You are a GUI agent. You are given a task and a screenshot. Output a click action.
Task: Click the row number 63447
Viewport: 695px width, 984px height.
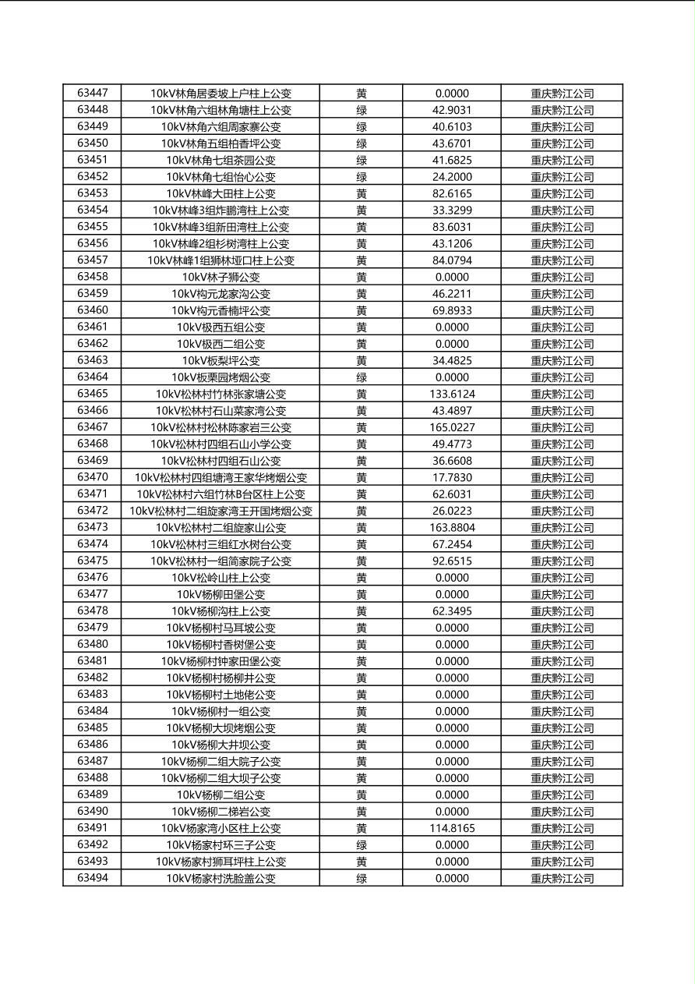(93, 93)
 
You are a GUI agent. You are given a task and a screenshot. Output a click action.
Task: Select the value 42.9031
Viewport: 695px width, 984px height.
(452, 110)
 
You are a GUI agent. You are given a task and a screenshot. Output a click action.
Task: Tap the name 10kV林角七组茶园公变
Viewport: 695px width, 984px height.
(220, 160)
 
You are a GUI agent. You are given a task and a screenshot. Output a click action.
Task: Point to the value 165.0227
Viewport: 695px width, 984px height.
(452, 427)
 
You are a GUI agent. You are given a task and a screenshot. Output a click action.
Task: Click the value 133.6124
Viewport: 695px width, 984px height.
(452, 394)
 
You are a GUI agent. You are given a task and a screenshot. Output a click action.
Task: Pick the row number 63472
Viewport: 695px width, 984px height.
(93, 511)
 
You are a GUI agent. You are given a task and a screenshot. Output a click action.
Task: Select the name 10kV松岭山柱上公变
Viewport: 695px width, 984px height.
(220, 578)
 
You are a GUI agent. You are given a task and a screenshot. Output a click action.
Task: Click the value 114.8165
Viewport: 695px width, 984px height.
(452, 828)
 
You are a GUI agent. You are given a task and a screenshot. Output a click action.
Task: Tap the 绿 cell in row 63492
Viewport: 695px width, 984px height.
(362, 845)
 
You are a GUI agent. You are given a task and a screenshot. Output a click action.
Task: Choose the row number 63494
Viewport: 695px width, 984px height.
(93, 879)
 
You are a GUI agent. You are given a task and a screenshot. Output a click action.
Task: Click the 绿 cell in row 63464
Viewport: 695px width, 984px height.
(362, 377)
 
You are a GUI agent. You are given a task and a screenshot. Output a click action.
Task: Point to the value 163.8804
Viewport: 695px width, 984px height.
(452, 528)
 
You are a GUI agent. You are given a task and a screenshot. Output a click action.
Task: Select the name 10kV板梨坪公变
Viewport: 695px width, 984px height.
(220, 360)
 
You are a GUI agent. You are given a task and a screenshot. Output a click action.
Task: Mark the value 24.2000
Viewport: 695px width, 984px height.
(452, 177)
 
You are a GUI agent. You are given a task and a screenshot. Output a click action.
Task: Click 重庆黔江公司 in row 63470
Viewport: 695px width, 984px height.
(562, 477)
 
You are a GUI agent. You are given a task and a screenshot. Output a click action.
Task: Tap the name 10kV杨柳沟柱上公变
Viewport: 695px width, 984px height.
(220, 611)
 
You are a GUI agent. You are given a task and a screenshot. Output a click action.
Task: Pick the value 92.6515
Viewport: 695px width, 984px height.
(452, 561)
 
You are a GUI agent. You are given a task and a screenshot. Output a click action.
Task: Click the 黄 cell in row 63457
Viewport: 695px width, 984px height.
(362, 260)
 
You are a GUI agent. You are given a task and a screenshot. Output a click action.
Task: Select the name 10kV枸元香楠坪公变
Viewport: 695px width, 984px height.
(220, 310)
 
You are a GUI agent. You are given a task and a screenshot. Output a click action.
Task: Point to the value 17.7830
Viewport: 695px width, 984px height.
(452, 477)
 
